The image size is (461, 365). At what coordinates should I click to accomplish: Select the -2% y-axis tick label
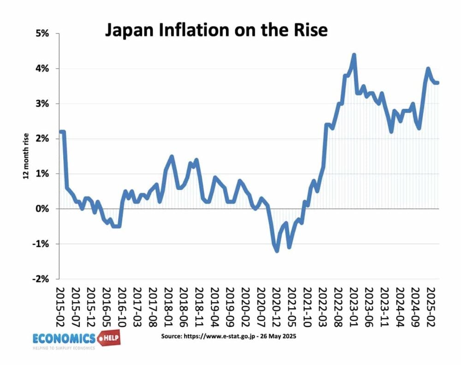(x=43, y=279)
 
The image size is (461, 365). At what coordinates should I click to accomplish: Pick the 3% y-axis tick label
(x=45, y=104)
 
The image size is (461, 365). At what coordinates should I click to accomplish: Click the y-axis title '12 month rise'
(x=26, y=156)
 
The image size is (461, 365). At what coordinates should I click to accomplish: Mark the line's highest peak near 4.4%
(x=354, y=55)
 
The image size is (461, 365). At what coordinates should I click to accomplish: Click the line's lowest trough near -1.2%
(x=277, y=251)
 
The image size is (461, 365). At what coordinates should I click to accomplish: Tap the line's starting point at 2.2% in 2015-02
(x=60, y=132)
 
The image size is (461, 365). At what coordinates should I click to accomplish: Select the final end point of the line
(x=438, y=83)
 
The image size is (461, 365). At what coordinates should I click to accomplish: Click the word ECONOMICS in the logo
(x=64, y=338)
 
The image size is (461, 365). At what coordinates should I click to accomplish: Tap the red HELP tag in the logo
(x=107, y=338)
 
